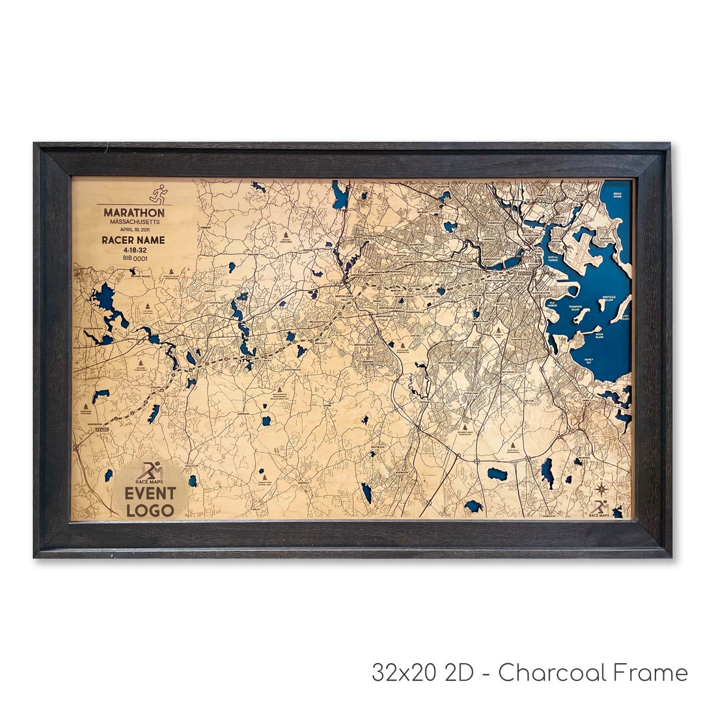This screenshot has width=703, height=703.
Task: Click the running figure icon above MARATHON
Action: [x=158, y=194]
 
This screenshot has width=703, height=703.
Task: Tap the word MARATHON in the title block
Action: [x=134, y=212]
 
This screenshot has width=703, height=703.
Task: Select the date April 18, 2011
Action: [x=134, y=230]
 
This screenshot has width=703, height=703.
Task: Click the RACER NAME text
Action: [x=133, y=240]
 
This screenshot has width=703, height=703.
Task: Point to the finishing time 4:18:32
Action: [x=133, y=249]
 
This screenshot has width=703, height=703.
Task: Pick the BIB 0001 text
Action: [x=134, y=258]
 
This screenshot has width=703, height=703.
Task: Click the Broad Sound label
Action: [x=618, y=195]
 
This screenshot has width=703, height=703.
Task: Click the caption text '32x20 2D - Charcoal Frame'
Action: [x=529, y=672]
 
